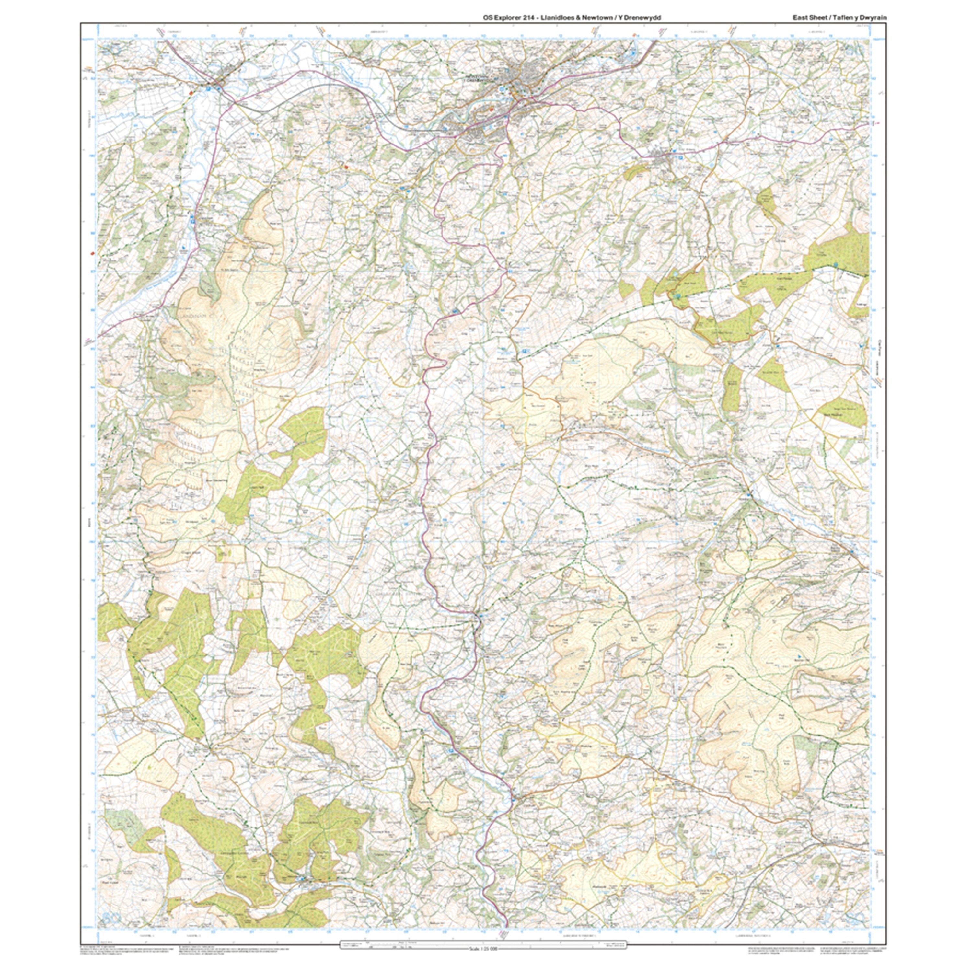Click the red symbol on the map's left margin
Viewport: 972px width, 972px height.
(x=92, y=254)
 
